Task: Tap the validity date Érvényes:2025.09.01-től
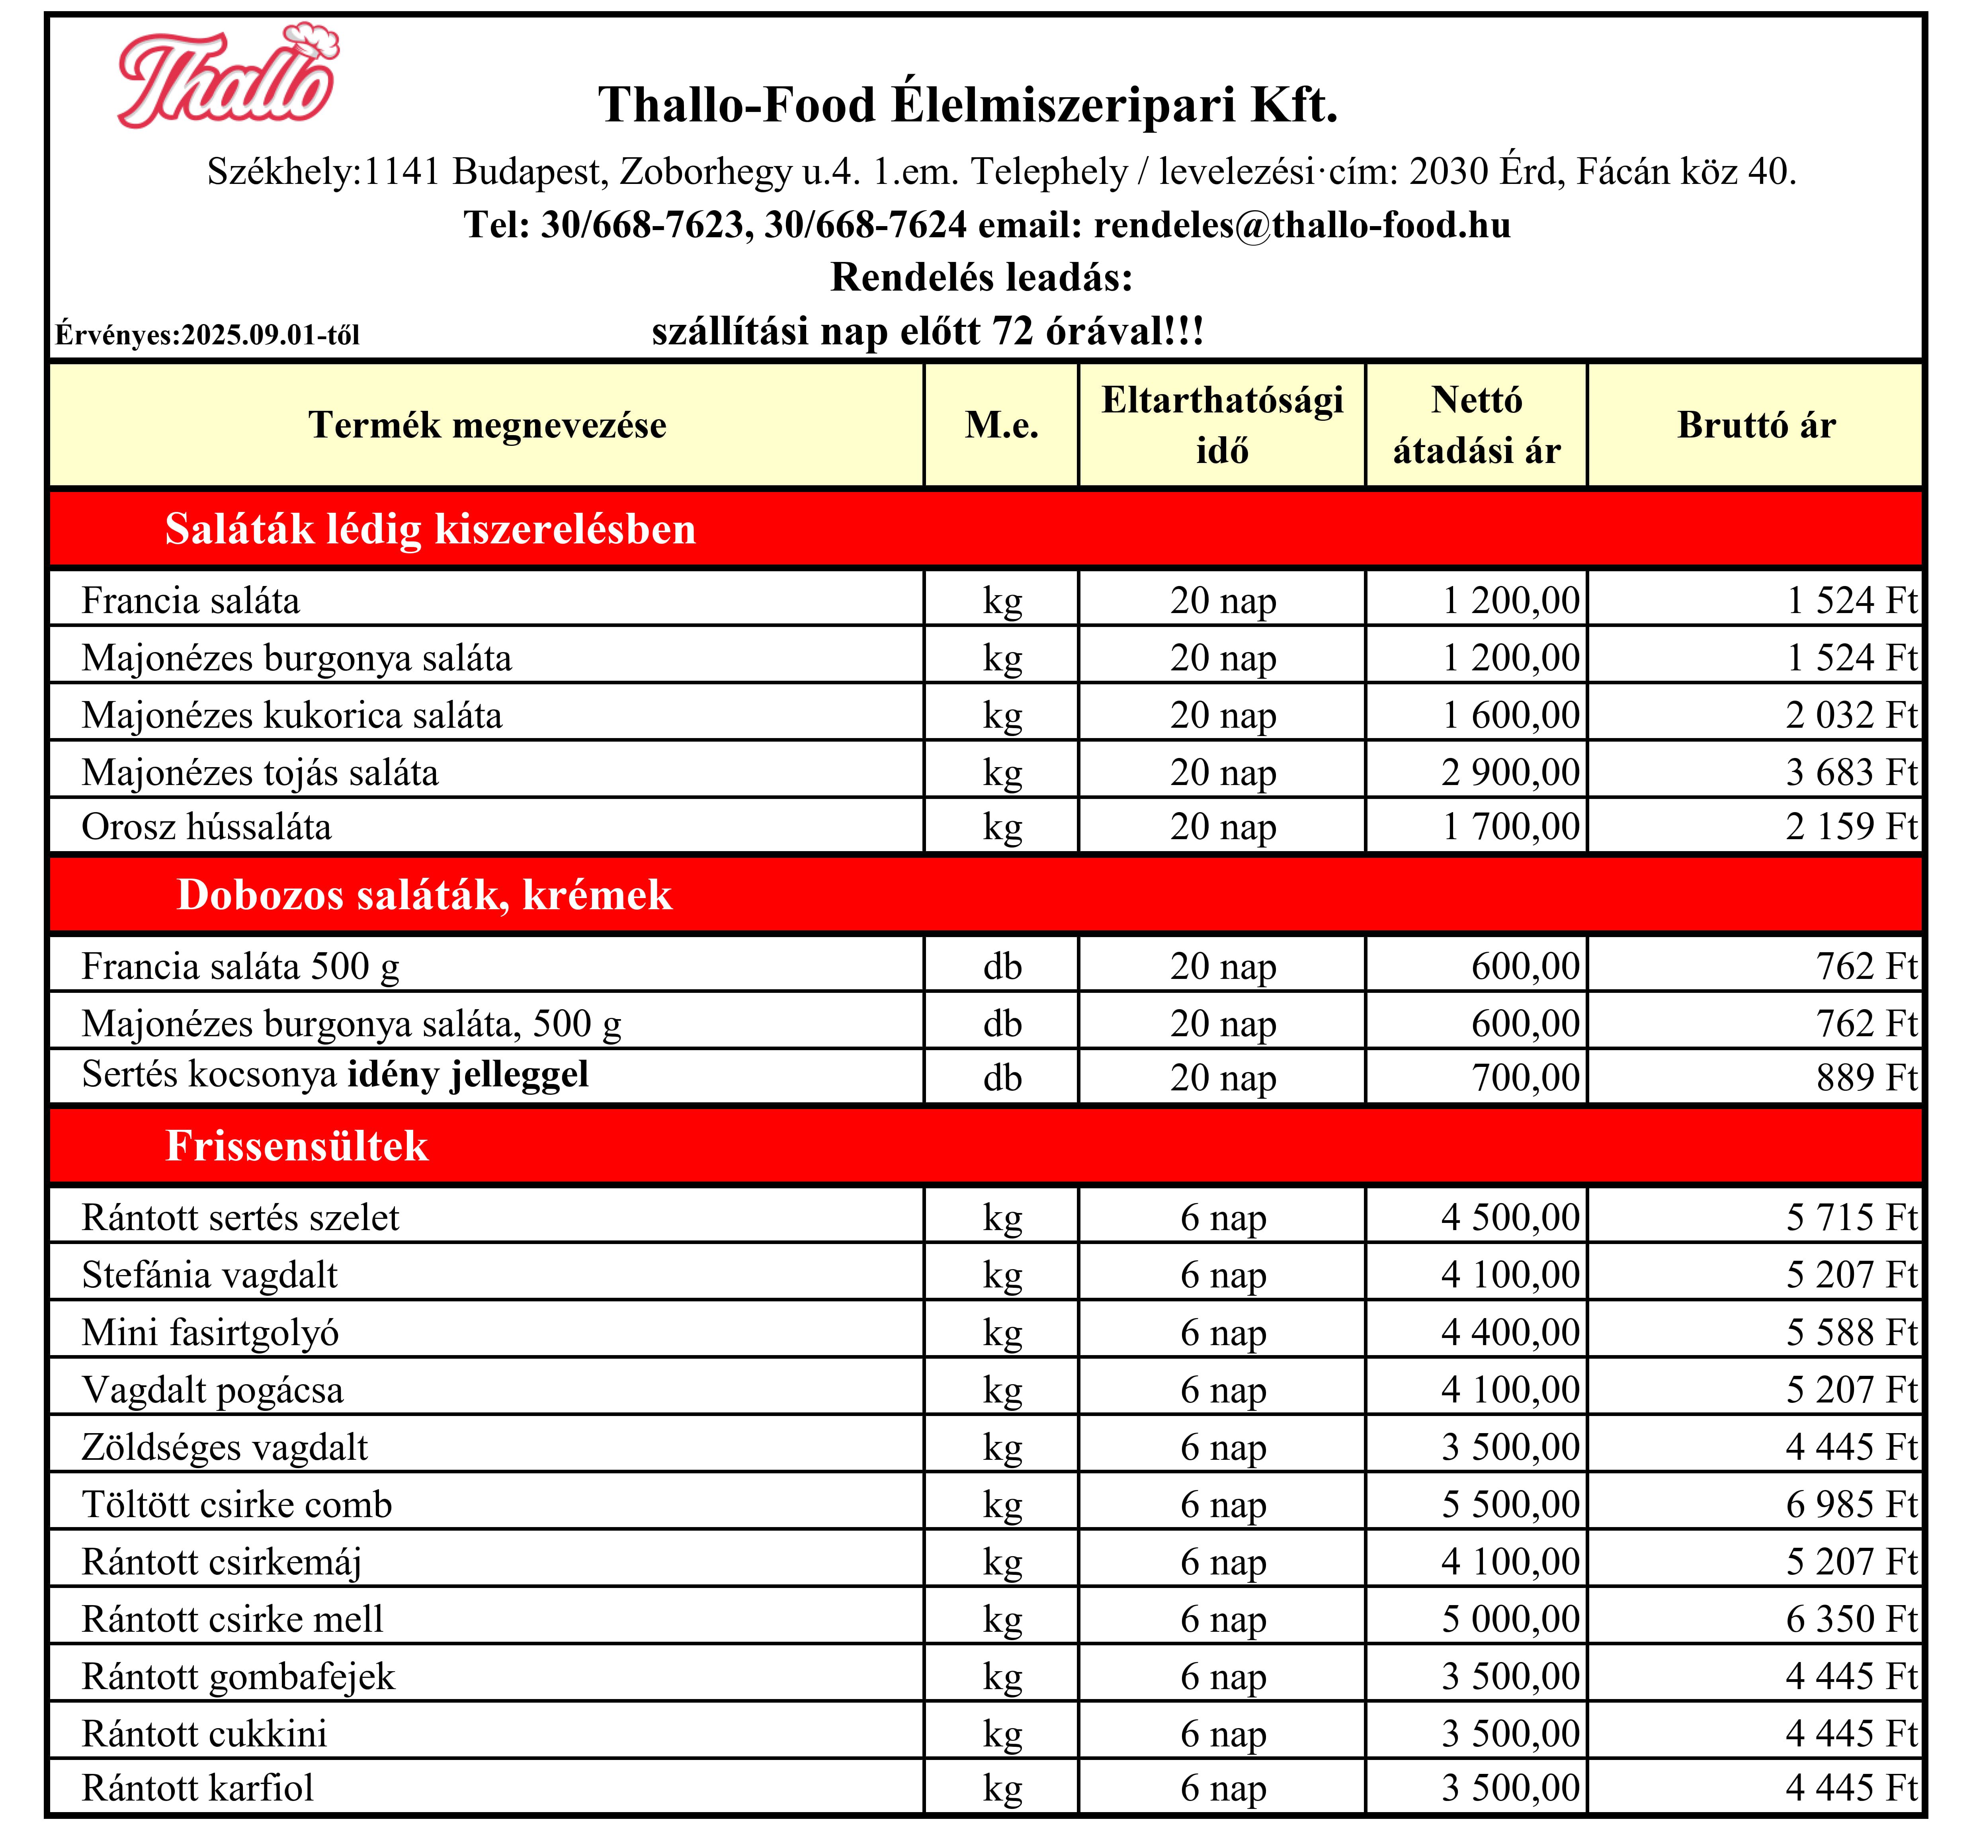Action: [207, 334]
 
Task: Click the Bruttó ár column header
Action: [1756, 425]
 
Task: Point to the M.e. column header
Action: [1001, 425]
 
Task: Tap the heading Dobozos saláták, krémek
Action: [424, 895]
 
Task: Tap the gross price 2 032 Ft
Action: [1851, 715]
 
